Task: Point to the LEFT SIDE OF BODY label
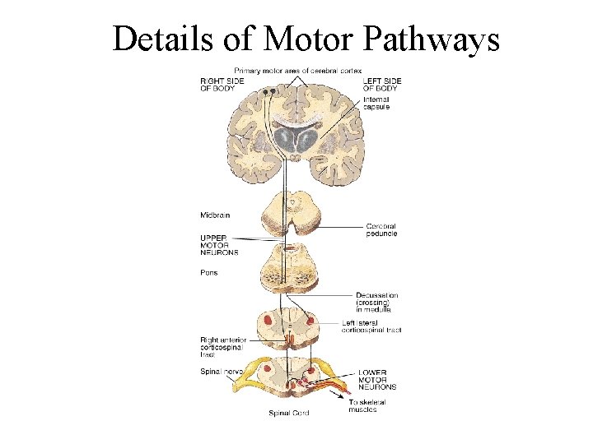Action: (x=383, y=84)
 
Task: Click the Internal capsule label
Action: (x=376, y=104)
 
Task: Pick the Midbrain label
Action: (x=215, y=215)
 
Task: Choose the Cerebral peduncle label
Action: (x=381, y=229)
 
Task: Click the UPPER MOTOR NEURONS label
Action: (x=219, y=244)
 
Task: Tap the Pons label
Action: (x=209, y=273)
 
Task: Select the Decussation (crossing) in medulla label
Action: (x=377, y=303)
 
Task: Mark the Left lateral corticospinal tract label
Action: (x=371, y=326)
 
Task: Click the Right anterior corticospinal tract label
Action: (x=222, y=348)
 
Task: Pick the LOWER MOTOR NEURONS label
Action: (x=377, y=379)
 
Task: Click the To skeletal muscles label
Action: (x=367, y=406)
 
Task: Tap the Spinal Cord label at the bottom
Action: (x=289, y=413)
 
